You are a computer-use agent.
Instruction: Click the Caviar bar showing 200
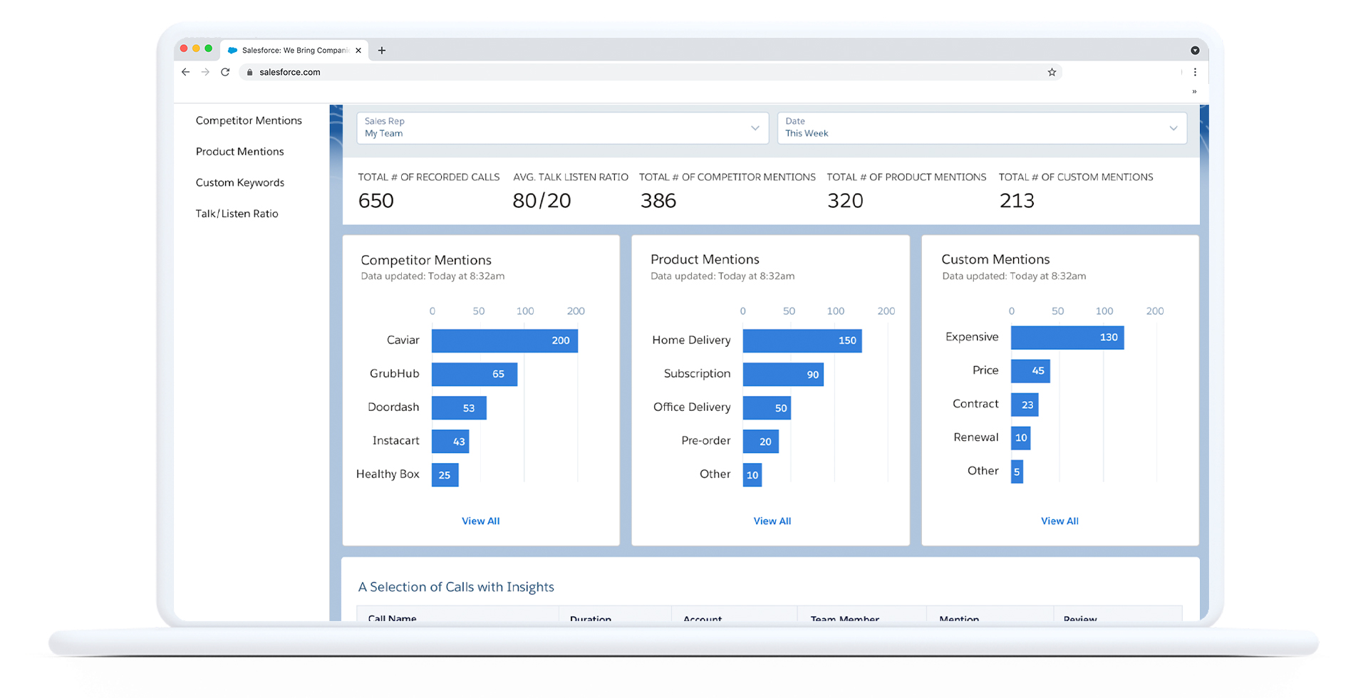pos(504,340)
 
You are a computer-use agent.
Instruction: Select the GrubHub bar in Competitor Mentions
pos(474,374)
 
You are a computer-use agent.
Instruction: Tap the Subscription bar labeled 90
pos(782,374)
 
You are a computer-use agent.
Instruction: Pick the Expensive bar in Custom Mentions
pos(1067,338)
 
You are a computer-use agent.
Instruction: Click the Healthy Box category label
pos(388,474)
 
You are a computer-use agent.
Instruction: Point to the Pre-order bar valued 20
pos(760,442)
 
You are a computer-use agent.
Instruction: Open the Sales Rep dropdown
pos(562,128)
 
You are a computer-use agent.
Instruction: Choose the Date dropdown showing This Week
pos(981,128)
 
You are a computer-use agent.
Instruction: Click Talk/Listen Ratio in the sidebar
pos(237,214)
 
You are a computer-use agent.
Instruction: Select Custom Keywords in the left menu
pos(239,182)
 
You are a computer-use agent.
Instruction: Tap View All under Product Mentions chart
pos(772,521)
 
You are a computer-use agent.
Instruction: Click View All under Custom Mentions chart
pos(1059,521)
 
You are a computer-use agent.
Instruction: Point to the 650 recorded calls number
pos(375,201)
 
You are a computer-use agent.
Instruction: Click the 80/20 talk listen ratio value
pos(541,201)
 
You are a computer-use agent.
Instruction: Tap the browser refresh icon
pos(225,72)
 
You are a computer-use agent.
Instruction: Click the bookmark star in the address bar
pos(1052,72)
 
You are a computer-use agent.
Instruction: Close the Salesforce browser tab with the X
pos(358,51)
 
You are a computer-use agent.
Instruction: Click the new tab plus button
pos(382,51)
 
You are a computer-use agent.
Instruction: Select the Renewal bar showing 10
pos(1020,438)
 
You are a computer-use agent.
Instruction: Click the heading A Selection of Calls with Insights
pos(456,587)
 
